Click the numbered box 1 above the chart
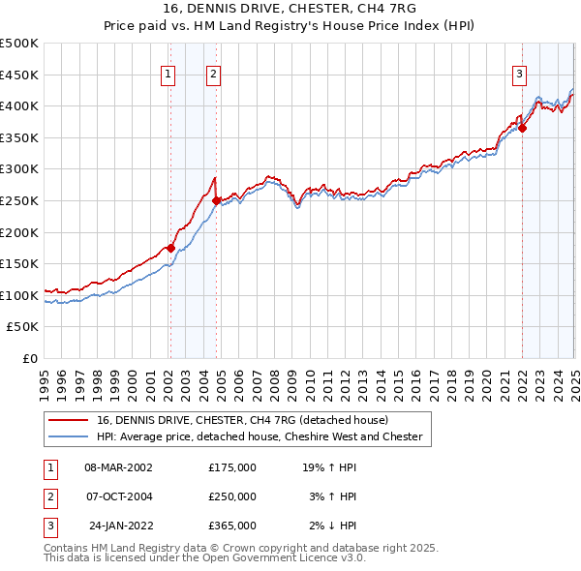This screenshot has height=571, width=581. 168,73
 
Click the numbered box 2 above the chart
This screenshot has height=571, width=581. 213,73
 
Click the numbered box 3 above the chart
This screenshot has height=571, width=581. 519,73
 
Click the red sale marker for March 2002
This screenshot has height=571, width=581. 170,248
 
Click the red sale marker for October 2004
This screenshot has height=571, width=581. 216,200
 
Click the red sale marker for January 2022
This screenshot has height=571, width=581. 522,127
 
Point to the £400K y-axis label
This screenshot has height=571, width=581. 19,105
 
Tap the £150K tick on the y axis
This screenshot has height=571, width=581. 19,263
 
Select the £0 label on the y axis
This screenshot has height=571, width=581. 28,358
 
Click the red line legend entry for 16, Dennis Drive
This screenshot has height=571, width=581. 242,420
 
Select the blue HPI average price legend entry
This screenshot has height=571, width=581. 260,436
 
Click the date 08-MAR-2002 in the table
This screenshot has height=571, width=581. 119,467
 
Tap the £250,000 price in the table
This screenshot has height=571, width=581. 232,496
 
